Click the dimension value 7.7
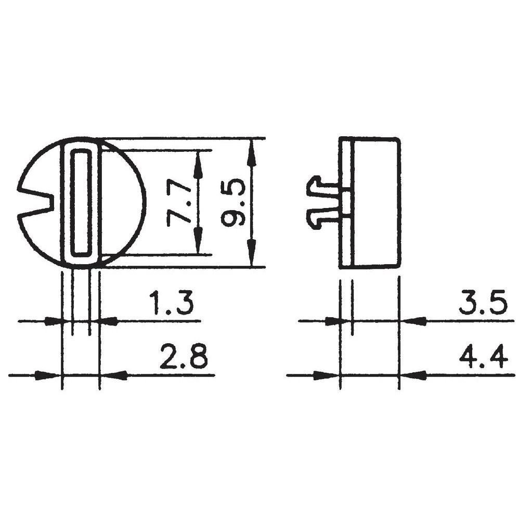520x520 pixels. (178, 203)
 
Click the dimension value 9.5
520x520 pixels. (232, 203)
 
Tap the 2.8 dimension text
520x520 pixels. (183, 357)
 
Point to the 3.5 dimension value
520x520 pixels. (483, 304)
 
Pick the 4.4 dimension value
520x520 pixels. (483, 357)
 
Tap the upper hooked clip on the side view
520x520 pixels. (320, 187)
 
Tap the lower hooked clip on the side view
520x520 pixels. (320, 217)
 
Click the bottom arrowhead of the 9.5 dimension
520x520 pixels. (252, 256)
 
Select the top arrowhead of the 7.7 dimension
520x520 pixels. (198, 162)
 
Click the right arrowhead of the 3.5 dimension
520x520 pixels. (413, 321)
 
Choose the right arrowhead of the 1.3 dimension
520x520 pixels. (108, 322)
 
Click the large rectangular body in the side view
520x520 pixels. (375, 203)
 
